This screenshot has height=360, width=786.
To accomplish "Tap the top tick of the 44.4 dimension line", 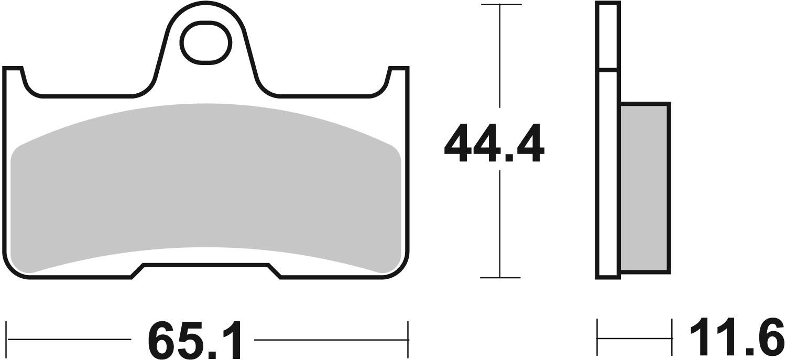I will pyautogui.click(x=500, y=5).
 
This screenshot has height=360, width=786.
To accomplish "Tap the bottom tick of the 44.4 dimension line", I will pyautogui.click(x=500, y=277).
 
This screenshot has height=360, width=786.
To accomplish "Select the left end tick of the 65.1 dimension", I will pyautogui.click(x=7, y=339).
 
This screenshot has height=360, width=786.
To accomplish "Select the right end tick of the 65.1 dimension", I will pyautogui.click(x=408, y=339).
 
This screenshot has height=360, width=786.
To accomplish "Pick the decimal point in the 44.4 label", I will pyautogui.click(x=493, y=158).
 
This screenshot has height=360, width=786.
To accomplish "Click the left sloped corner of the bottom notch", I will pyautogui.click(x=137, y=271).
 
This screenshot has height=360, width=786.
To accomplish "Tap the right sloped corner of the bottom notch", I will pyautogui.click(x=275, y=271).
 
